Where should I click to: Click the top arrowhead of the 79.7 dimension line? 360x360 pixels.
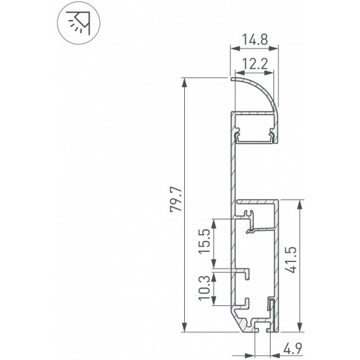[185, 82]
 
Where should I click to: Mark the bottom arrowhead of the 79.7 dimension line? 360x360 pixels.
[185, 327]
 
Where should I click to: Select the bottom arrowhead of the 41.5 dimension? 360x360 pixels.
[300, 327]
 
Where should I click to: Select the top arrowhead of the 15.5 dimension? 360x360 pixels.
[216, 222]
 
